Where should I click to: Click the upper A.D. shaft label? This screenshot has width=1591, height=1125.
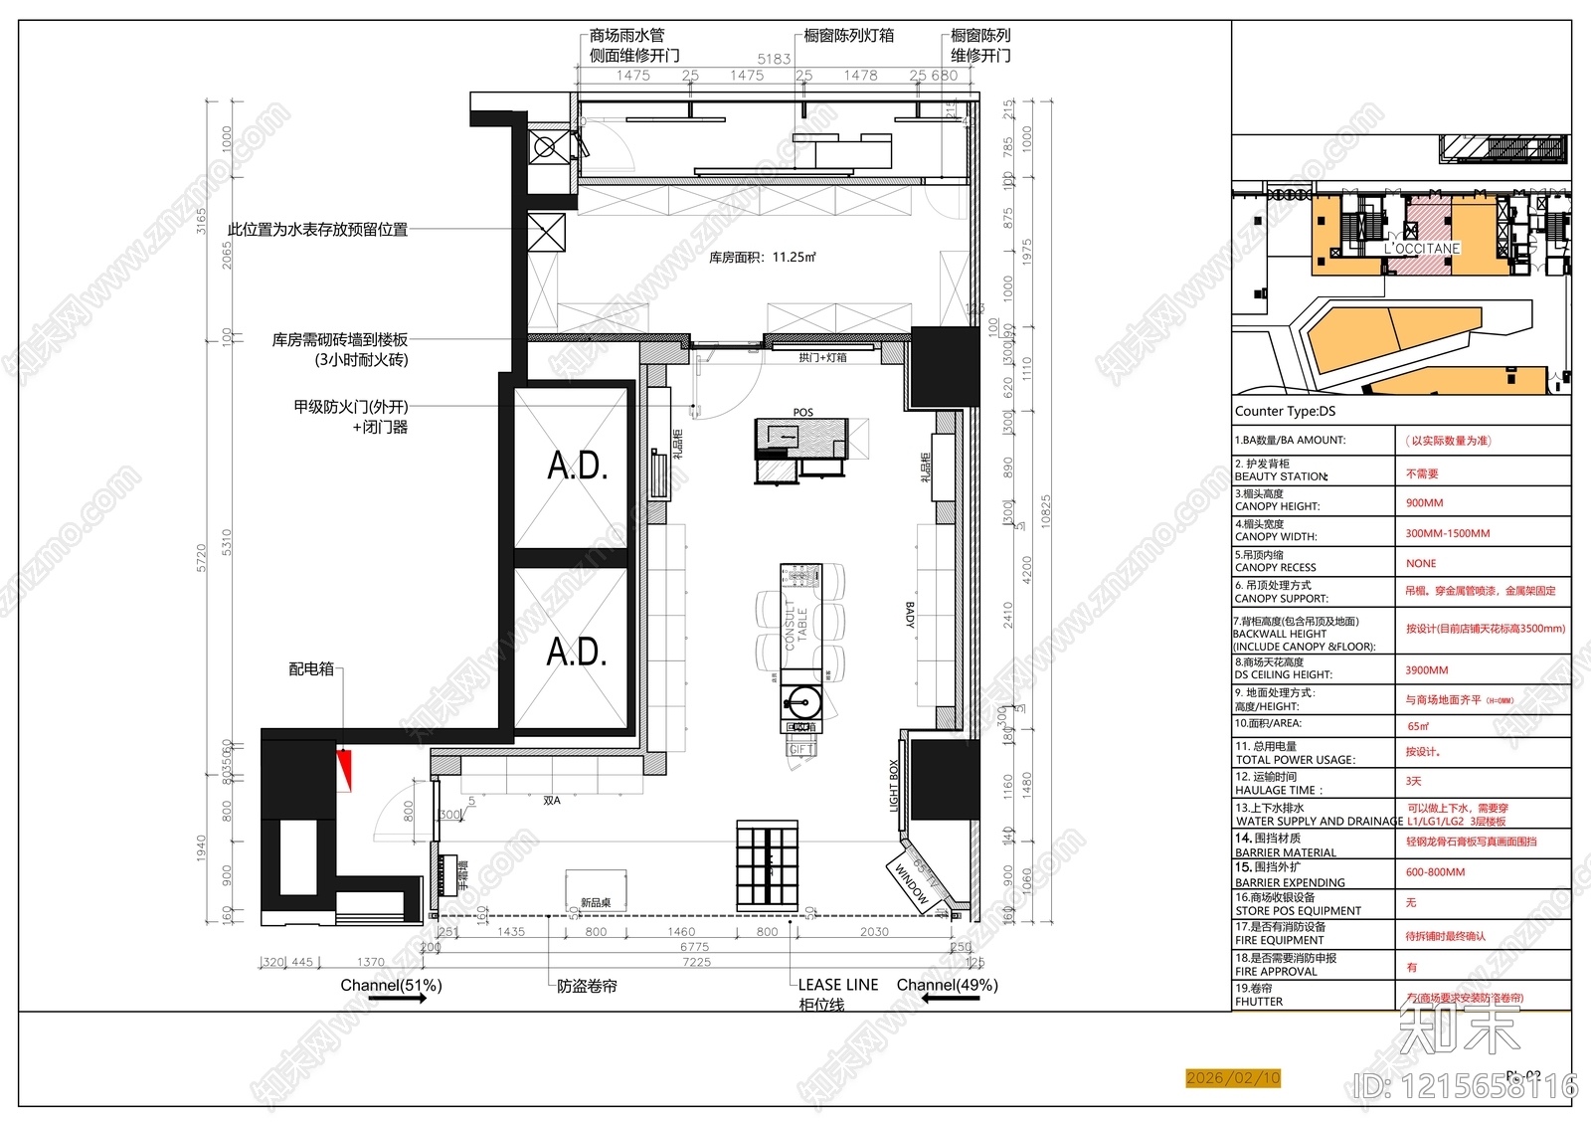click(x=577, y=466)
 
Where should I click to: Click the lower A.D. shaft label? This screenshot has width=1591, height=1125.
click(x=577, y=653)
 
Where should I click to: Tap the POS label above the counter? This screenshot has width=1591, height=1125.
click(x=802, y=412)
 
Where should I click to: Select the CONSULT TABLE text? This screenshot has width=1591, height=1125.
click(x=796, y=624)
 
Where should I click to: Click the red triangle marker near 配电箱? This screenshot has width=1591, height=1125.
click(x=345, y=768)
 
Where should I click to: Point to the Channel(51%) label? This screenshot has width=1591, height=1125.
click(x=391, y=985)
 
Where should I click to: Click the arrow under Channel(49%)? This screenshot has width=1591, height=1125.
click(x=951, y=998)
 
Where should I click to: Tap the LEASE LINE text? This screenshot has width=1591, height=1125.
click(x=838, y=985)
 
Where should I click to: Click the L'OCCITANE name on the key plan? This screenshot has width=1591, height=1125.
click(x=1422, y=249)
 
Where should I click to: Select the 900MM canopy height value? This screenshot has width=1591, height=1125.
click(x=1424, y=503)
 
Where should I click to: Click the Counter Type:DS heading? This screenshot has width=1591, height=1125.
click(x=1285, y=411)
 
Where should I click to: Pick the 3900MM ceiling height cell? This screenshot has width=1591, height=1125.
click(x=1426, y=670)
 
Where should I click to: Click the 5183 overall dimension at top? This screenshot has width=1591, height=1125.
click(x=774, y=59)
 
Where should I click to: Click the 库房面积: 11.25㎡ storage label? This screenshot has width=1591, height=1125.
click(x=762, y=257)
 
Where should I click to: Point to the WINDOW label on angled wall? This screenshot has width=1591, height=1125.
click(x=910, y=883)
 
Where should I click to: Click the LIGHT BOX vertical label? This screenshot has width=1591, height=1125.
click(x=893, y=786)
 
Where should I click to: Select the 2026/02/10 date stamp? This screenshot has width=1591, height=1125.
click(x=1233, y=1077)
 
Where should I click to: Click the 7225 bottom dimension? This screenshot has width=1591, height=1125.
click(x=696, y=962)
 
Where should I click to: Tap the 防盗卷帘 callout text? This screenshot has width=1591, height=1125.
click(x=587, y=986)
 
